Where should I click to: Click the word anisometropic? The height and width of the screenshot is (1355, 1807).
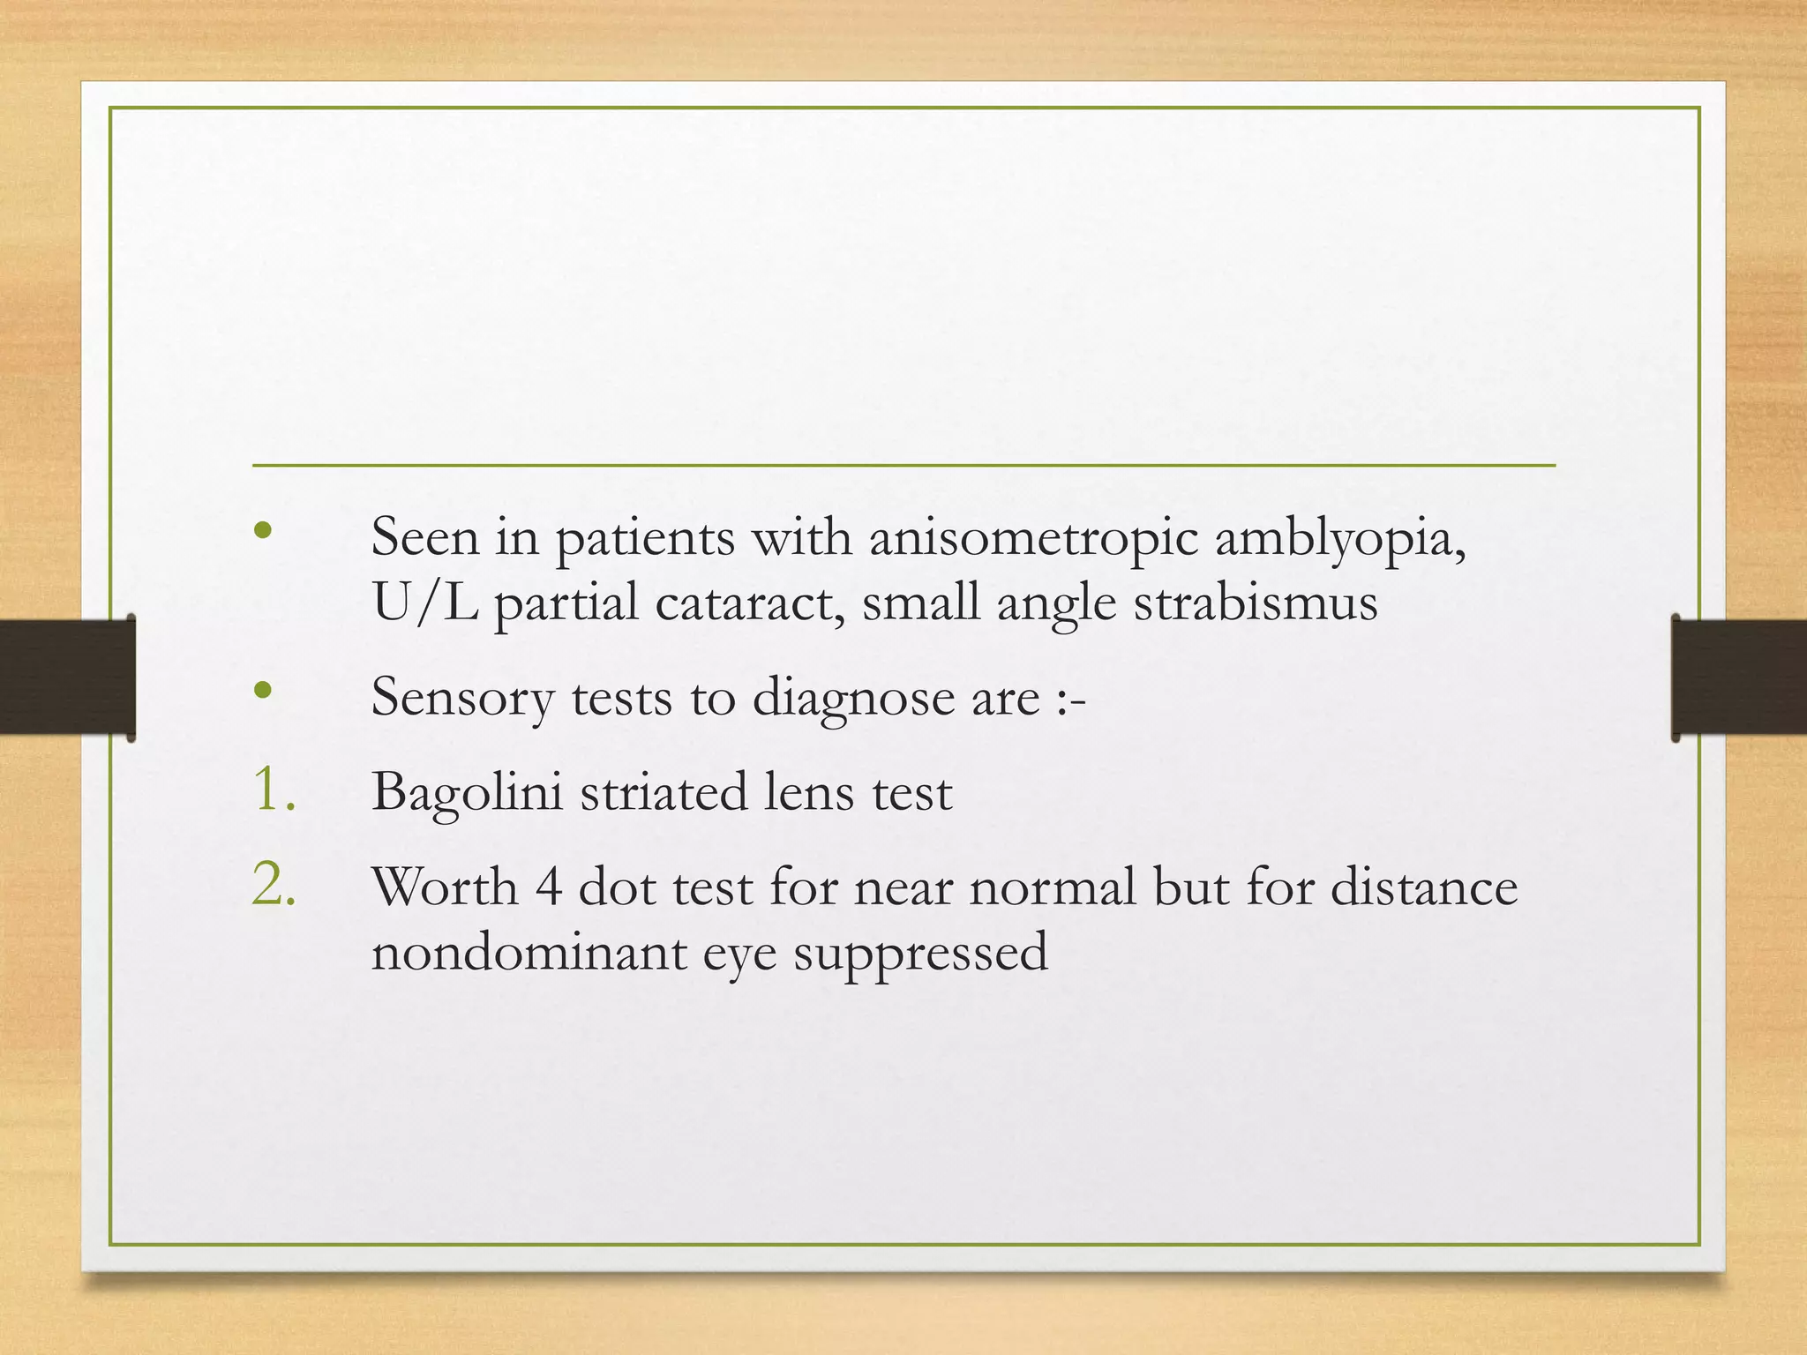pos(1033,538)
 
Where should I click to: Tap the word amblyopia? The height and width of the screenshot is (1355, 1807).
pos(1340,538)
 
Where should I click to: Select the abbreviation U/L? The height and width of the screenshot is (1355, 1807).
pos(424,603)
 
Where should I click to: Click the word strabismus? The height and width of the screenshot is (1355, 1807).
pos(1255,603)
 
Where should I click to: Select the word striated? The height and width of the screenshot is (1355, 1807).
pos(663,791)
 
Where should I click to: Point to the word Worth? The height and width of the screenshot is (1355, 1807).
pos(444,887)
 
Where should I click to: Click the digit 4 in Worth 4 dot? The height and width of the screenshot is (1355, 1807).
pos(548,887)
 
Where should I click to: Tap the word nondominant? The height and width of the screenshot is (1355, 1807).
pos(529,953)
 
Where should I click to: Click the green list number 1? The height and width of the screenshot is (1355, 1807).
pos(273,789)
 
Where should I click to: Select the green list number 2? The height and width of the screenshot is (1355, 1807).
pos(273,884)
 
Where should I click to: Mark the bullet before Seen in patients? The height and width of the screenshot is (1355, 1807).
pos(262,531)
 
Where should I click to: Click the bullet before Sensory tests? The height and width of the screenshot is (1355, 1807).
pos(262,691)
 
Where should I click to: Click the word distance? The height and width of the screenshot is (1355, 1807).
pos(1423,887)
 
